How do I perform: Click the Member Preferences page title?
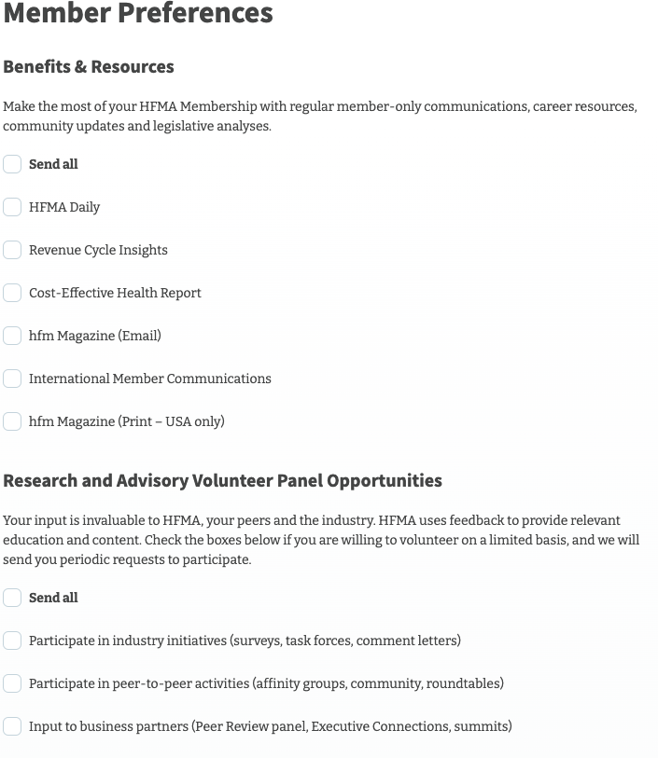(138, 14)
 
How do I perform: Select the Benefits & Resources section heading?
(89, 67)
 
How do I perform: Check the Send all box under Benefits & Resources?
(12, 164)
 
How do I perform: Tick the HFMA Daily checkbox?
(12, 207)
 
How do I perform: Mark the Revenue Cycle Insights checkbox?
(12, 250)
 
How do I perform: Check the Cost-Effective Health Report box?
(12, 293)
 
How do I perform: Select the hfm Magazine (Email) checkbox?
(12, 336)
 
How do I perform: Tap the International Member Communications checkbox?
(12, 379)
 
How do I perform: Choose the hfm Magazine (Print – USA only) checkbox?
(12, 421)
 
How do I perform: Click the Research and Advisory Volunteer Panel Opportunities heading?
(222, 481)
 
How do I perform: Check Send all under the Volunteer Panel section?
(12, 598)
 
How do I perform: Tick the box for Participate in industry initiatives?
(12, 641)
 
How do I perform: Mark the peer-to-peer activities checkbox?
(12, 683)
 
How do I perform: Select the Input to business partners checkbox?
(12, 726)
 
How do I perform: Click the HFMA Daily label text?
(64, 207)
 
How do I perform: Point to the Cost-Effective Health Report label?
(115, 293)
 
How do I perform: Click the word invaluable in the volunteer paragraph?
(110, 520)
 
